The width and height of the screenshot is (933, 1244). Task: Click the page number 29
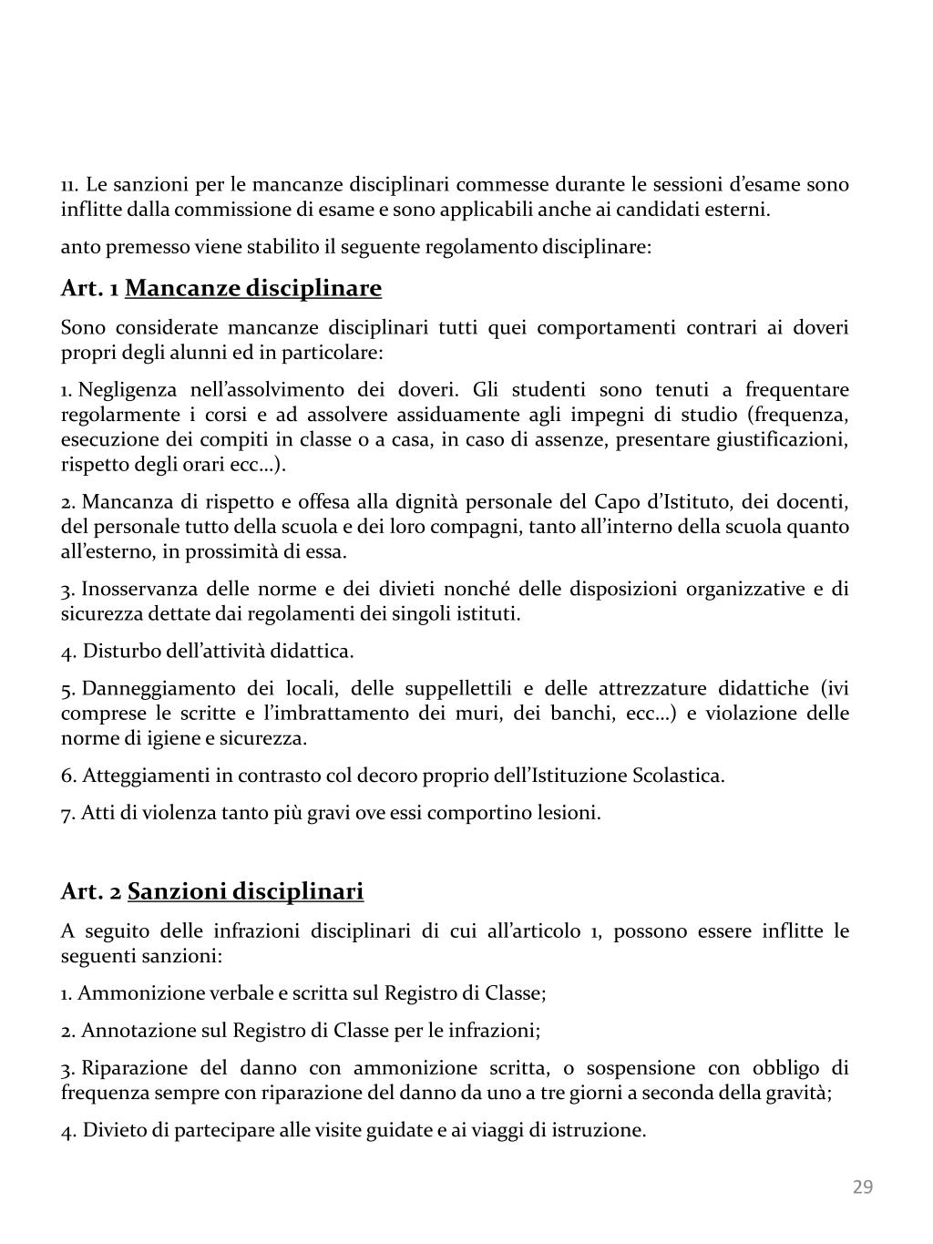(862, 1187)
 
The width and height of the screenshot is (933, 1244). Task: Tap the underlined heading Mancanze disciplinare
(253, 289)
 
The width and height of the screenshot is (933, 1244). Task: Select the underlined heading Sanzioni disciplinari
(245, 890)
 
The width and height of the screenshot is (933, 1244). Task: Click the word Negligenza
(128, 390)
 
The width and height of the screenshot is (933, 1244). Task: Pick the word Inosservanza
(138, 589)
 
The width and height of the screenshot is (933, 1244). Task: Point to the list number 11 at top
(68, 185)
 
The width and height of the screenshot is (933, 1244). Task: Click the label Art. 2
(91, 890)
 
